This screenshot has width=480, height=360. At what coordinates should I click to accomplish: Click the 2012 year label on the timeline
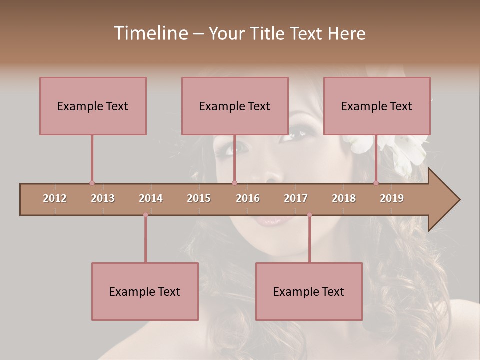[x=55, y=198]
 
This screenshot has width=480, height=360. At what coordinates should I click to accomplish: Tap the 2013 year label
[x=103, y=198]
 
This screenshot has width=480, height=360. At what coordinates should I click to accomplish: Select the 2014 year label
[x=151, y=198]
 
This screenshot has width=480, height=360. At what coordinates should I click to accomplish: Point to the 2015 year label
[x=199, y=198]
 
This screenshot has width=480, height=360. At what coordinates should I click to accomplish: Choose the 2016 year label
[x=248, y=198]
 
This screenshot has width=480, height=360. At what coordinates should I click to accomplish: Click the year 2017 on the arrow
[x=296, y=198]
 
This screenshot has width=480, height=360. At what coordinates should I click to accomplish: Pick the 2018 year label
[x=344, y=198]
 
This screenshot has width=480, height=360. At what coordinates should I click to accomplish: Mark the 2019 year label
[x=392, y=198]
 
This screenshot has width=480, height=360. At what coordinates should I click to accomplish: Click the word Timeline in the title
[x=150, y=33]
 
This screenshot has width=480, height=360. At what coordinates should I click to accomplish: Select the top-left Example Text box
[x=93, y=106]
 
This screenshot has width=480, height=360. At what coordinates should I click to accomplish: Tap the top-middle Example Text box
[x=235, y=106]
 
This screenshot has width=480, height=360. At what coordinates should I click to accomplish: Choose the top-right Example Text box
[x=377, y=106]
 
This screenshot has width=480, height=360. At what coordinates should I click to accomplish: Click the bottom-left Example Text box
[x=145, y=291]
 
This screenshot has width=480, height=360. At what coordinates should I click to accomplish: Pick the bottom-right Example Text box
[x=309, y=291]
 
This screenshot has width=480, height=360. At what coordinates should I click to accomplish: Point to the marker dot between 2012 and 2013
[x=92, y=183]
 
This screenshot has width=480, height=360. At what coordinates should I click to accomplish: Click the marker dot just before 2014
[x=145, y=215]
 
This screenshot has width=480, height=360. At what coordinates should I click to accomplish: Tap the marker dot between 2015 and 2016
[x=234, y=183]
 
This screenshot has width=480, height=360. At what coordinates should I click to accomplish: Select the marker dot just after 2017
[x=309, y=215]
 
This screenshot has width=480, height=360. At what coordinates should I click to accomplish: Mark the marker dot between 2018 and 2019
[x=376, y=183]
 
